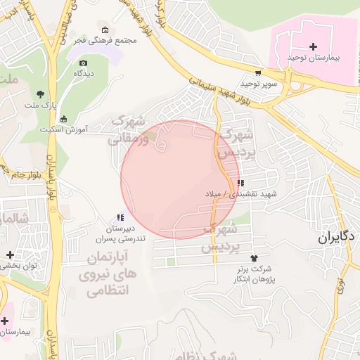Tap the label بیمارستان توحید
(x=313, y=57)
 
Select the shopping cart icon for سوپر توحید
(x=258, y=72)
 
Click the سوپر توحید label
(x=258, y=83)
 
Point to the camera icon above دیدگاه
(x=84, y=63)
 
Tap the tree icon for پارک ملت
(x=40, y=94)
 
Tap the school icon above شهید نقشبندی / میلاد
(x=241, y=183)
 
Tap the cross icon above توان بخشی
(x=9, y=255)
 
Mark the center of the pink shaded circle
(x=180, y=179)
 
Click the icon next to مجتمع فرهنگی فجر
(x=105, y=30)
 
